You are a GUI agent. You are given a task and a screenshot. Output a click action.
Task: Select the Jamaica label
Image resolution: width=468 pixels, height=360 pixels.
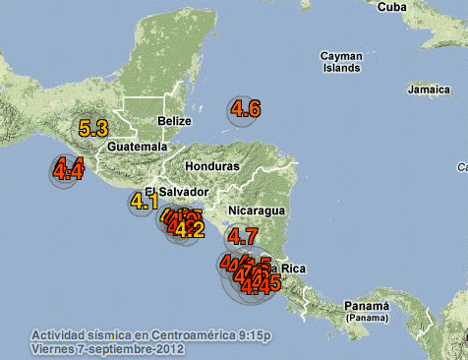coord(428,90)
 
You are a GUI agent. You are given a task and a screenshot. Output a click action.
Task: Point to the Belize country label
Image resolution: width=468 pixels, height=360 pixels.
coord(173,122)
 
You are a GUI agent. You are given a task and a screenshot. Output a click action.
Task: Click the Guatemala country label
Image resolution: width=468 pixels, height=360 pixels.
coord(139,147)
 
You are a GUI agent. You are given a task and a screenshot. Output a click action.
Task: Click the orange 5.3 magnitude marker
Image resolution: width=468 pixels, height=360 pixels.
coord(95,128)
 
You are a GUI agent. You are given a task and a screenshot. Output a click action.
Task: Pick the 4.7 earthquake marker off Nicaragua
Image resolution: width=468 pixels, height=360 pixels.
coord(242,236)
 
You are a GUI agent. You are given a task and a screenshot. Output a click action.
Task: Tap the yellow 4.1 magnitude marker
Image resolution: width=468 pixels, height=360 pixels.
coord(145,203)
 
